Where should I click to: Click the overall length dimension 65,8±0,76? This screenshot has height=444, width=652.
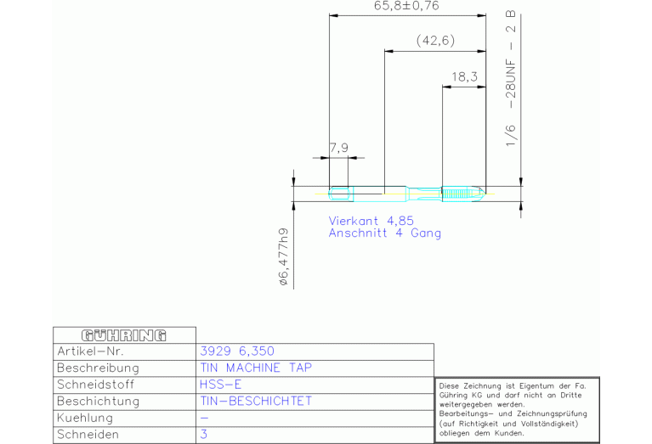[x=406, y=6]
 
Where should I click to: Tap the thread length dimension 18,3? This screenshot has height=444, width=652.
[x=464, y=77]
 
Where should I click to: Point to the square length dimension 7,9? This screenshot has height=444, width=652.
[x=339, y=148]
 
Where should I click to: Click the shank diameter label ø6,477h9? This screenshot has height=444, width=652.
[x=284, y=256]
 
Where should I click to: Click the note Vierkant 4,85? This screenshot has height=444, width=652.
[x=371, y=221]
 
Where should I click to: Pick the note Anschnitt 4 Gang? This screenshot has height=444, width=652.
[x=384, y=233]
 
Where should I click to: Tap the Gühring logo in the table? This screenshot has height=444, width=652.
[x=124, y=335]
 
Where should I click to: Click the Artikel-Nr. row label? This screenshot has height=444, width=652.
[x=90, y=351]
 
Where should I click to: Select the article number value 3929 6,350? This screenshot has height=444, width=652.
[x=237, y=351]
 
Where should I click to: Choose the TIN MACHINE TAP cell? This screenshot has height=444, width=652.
[x=256, y=368]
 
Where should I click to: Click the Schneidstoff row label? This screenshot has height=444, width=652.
[x=96, y=385]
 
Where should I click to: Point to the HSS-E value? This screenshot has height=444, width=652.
[x=220, y=385]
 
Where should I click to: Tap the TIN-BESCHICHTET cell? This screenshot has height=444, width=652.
[x=256, y=402]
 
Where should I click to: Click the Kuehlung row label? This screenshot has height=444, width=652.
[x=85, y=418]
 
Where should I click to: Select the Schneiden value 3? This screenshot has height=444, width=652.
[x=204, y=435]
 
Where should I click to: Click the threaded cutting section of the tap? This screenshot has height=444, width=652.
[x=462, y=194]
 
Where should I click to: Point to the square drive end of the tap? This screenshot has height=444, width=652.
[x=341, y=194]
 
